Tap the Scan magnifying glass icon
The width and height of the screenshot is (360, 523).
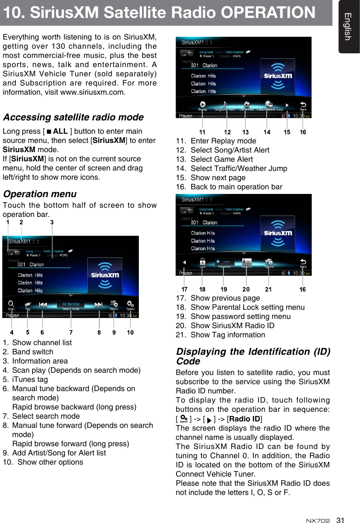pyautogui.click(x=11, y=304)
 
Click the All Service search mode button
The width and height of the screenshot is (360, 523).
pyautogui.click(x=71, y=304)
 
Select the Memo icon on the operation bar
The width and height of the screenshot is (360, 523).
pyautogui.click(x=114, y=304)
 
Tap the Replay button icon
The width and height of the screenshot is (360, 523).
pyautogui.click(x=203, y=105)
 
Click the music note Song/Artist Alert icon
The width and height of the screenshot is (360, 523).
pyautogui.click(x=225, y=105)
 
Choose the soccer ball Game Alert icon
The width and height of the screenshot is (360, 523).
pyautogui.click(x=247, y=105)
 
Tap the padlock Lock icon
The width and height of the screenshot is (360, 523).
pyautogui.click(x=202, y=261)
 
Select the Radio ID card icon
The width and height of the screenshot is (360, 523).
pyautogui.click(x=246, y=262)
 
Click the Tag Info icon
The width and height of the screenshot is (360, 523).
pyautogui.click(x=269, y=262)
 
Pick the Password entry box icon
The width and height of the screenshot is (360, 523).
pyautogui.click(x=224, y=262)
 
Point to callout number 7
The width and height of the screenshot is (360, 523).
pyautogui.click(x=71, y=332)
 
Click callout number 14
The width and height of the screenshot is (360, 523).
pyautogui.click(x=267, y=132)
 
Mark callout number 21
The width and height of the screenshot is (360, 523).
pyautogui.click(x=269, y=290)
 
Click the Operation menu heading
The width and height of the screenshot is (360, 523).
pyautogui.click(x=40, y=194)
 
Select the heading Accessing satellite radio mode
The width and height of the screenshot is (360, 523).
pyautogui.click(x=73, y=118)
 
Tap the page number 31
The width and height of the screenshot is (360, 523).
pyautogui.click(x=340, y=520)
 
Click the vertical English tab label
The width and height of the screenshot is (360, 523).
pyautogui.click(x=349, y=26)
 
